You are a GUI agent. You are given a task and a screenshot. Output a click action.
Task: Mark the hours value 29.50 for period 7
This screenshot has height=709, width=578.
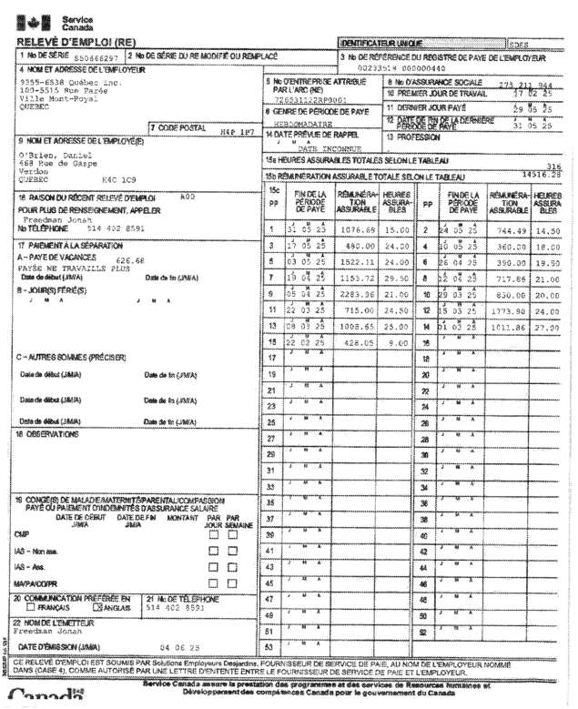coord(397,279)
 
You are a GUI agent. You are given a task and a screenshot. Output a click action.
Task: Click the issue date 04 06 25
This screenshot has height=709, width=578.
coord(177,647)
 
